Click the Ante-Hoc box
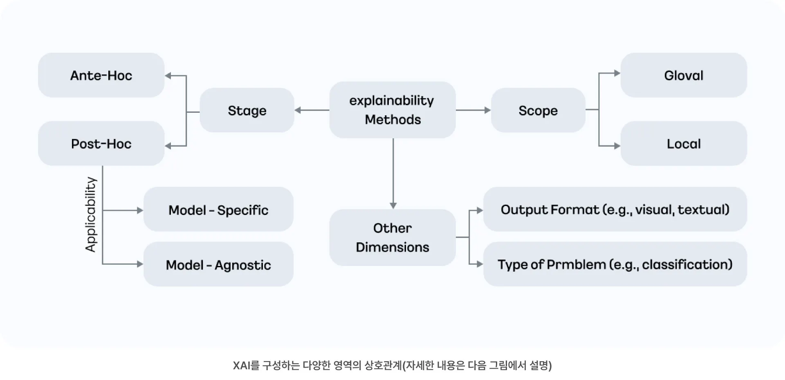pos(101,75)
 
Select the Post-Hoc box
pos(101,143)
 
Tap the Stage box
pos(247,110)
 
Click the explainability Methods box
pos(392,110)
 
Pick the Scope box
pos(538,110)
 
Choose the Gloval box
pos(684,75)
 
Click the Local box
pos(684,143)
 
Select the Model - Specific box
pos(218,210)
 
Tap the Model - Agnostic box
pos(218,264)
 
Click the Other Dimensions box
pos(392,237)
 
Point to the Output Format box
pos(615,209)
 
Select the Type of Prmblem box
pos(615,264)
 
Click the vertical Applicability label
pos(90,215)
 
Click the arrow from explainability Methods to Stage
pos(312,110)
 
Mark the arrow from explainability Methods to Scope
pos(473,110)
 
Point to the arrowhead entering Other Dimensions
pos(393,206)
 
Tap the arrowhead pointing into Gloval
pos(617,74)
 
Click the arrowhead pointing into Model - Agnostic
pos(140,264)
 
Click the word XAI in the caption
pos(241,365)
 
